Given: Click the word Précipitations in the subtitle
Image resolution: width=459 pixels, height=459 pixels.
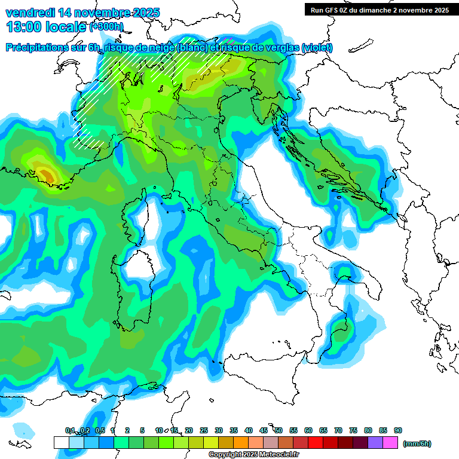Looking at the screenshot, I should point(36,48).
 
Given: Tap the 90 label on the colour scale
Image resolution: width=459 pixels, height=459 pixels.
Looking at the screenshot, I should point(398,430).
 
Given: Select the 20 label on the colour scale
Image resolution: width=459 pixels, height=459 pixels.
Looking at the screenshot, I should point(189,430).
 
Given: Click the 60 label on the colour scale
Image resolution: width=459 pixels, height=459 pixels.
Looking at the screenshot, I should point(308,430).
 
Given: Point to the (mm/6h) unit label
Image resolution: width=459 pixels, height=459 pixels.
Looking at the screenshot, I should point(417,443).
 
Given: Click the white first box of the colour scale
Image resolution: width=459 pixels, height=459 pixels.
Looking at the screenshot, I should point(61,442).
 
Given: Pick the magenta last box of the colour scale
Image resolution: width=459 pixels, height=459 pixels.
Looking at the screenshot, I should point(390,442).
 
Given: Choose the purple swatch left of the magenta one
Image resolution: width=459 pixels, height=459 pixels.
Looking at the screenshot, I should point(375,442).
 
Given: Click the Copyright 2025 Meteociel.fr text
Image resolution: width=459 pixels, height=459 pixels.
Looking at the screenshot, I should point(254,454).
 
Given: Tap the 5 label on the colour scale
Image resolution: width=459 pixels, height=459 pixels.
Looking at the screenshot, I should point(142,430).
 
